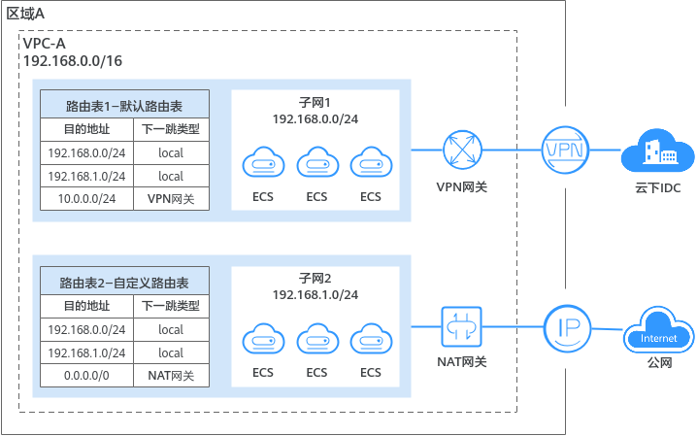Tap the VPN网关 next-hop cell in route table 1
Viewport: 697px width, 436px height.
point(170,199)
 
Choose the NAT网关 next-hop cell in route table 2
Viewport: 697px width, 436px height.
point(170,376)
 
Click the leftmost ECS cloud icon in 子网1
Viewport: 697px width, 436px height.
point(263,162)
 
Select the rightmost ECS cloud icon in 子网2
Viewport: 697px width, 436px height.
point(370,339)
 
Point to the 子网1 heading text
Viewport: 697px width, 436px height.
point(315,102)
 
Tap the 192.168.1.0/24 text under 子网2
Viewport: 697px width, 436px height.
point(315,294)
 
